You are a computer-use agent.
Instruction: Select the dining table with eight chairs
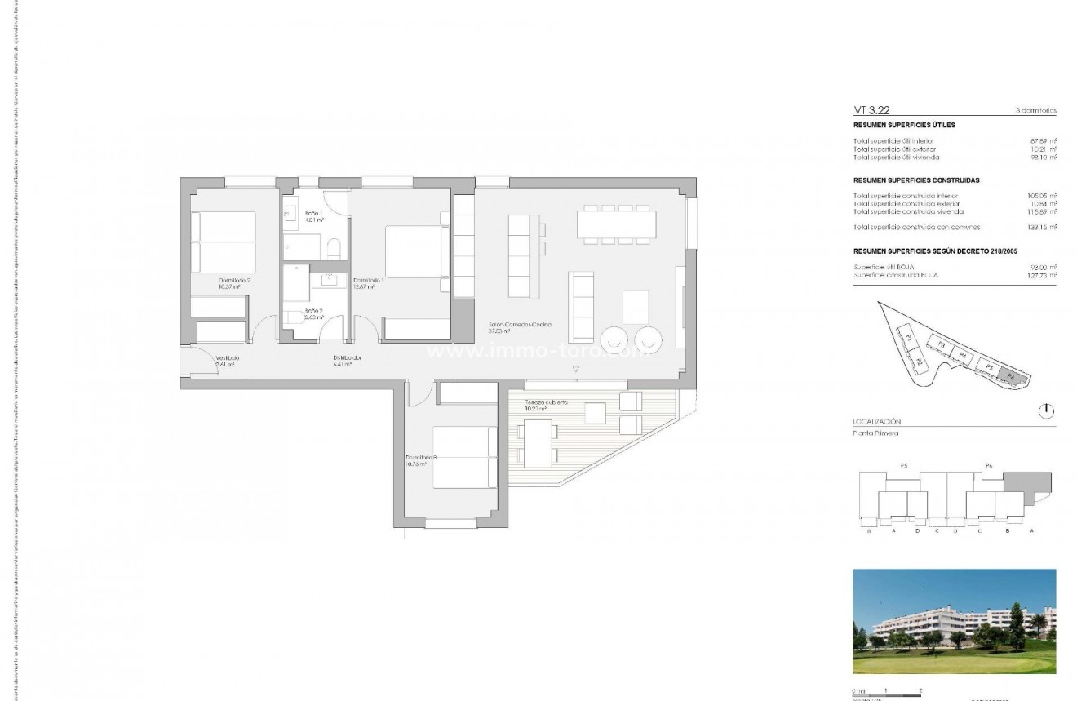tap(616, 224)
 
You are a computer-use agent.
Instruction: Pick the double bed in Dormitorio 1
tap(416, 251)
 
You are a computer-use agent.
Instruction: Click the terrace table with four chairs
tap(537, 442)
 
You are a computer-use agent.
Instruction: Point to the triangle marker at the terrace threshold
tap(577, 370)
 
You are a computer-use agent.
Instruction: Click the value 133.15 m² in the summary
tap(1043, 228)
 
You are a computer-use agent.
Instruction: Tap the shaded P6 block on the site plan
tap(1012, 377)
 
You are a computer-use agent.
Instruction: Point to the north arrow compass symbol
tap(1046, 410)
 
